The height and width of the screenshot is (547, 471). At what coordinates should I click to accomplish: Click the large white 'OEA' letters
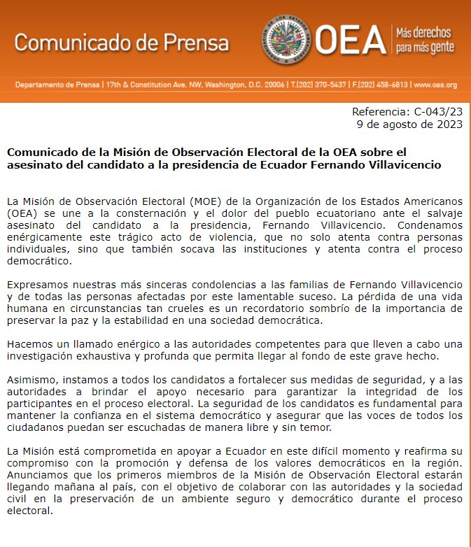tap(350, 40)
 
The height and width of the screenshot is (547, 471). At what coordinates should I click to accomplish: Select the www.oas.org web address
tap(435, 85)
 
